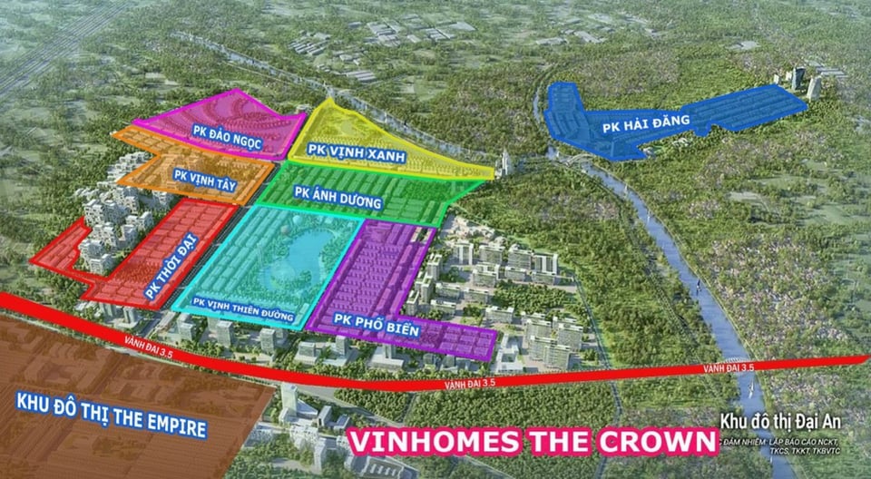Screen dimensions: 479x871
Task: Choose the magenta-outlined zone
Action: (263, 122)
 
